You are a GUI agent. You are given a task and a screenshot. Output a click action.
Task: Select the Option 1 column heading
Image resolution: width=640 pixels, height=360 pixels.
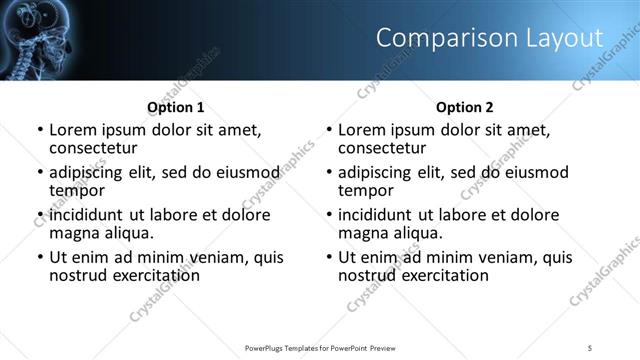(176, 107)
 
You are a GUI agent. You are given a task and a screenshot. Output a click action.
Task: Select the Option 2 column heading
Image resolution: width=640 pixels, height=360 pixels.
(465, 107)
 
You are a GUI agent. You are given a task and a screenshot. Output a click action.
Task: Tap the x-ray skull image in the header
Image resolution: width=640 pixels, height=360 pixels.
(40, 40)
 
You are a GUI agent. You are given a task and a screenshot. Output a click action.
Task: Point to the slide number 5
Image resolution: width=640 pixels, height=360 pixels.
(590, 347)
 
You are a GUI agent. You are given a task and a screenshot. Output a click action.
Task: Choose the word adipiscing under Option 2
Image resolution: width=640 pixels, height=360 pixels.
(377, 173)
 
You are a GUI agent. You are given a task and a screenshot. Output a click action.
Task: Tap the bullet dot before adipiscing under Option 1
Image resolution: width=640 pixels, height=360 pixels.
(40, 173)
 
